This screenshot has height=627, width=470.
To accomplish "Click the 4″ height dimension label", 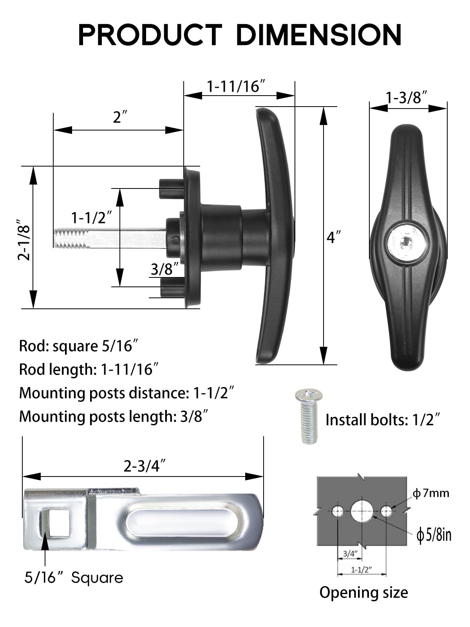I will [334, 237].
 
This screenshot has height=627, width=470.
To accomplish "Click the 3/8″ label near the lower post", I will [165, 269].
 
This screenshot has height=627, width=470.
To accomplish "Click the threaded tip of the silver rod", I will [69, 238].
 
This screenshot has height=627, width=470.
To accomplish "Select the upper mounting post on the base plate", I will [170, 188].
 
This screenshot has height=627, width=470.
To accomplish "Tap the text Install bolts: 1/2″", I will [383, 420].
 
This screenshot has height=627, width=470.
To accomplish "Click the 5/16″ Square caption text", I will [74, 578].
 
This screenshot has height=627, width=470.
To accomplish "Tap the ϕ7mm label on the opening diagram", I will [431, 493].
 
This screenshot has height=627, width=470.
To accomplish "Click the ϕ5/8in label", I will [434, 535].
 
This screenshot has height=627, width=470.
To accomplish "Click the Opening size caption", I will [363, 592].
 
